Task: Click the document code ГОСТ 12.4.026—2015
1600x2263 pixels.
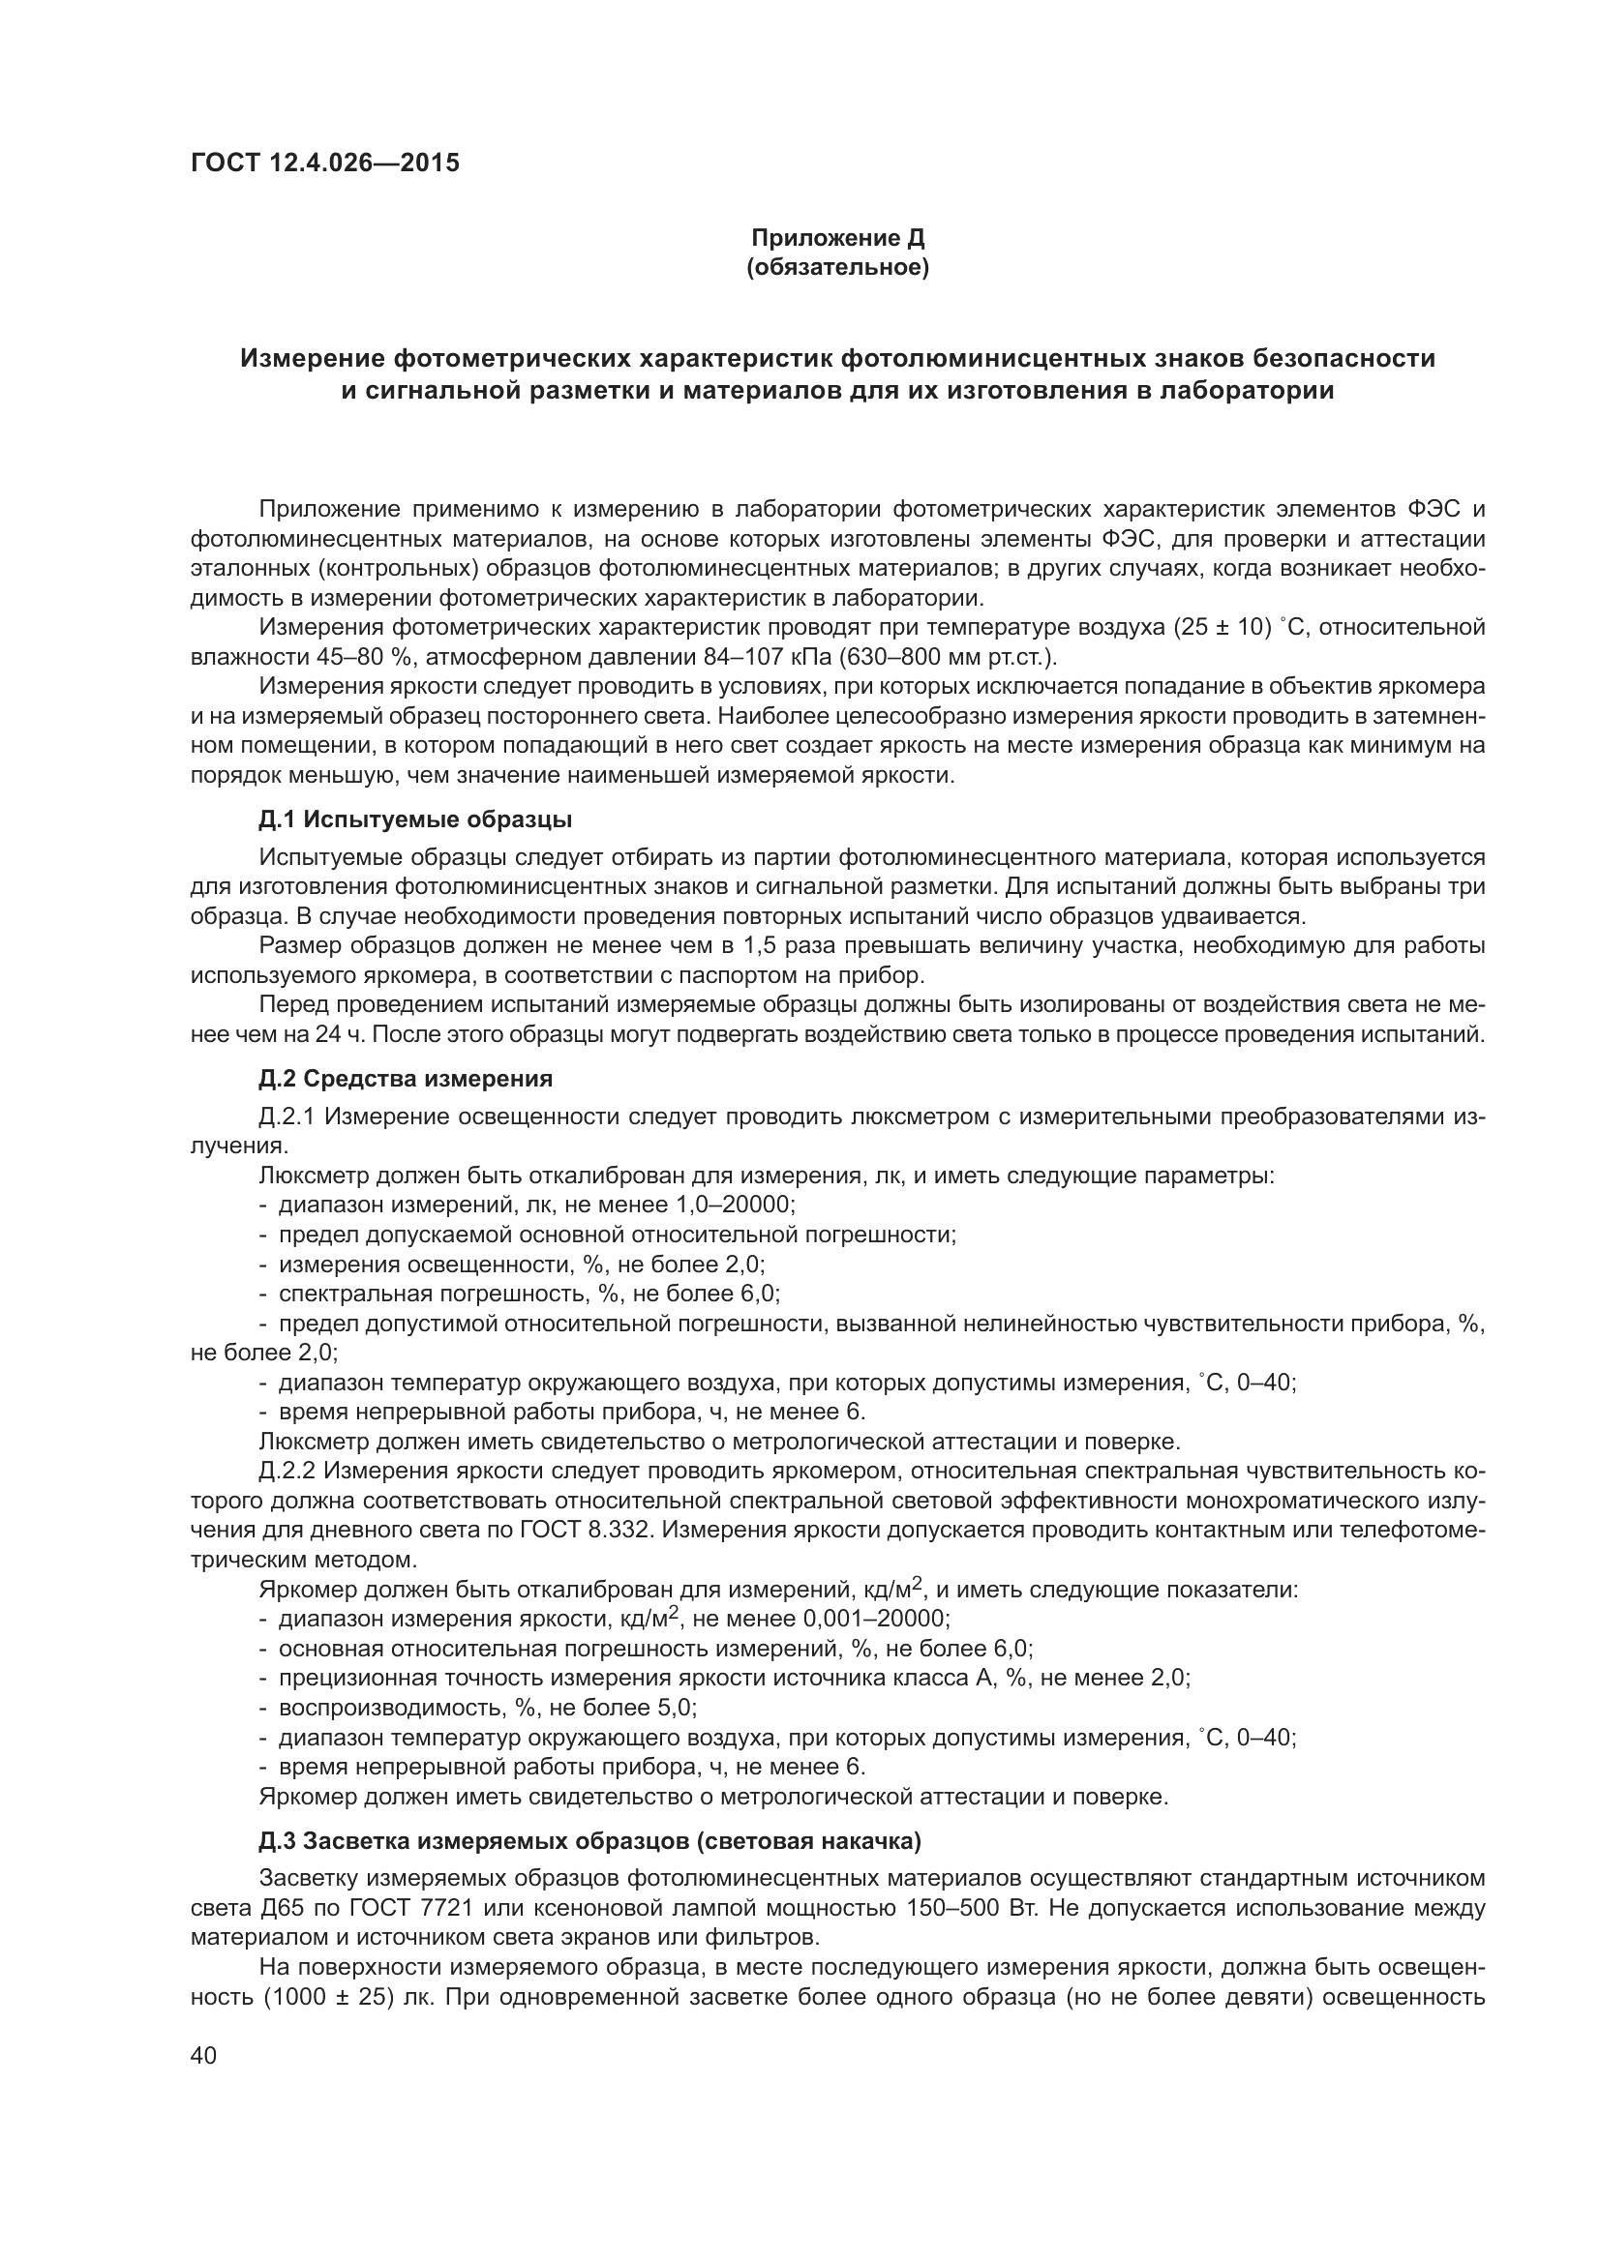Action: tap(324, 164)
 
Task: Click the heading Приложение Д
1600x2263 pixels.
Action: tap(838, 238)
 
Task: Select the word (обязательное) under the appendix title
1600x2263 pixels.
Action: tap(838, 268)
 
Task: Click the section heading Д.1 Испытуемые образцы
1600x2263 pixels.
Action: tap(415, 819)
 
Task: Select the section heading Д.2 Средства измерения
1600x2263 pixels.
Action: tap(406, 1078)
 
